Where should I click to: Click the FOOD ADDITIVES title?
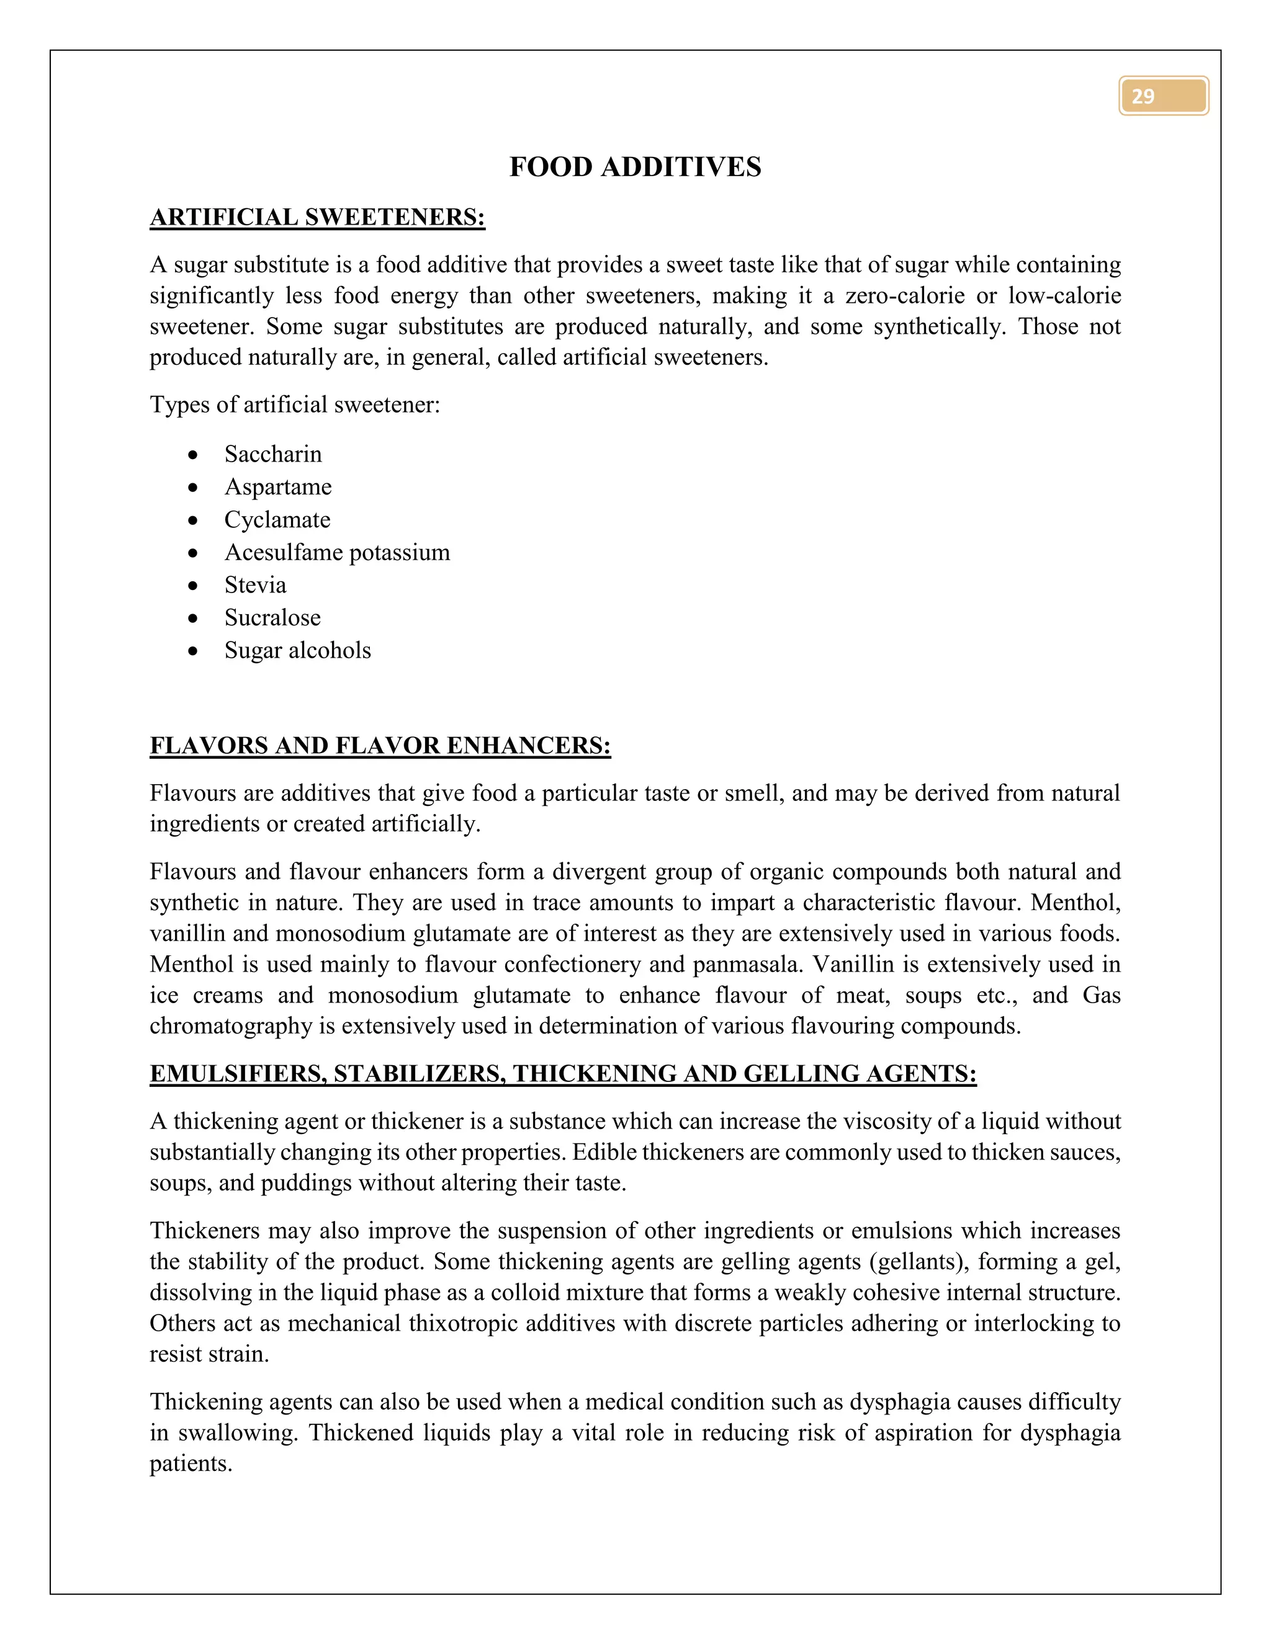tap(635, 167)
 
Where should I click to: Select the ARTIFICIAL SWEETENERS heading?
tap(317, 218)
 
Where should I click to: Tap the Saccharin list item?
tap(272, 454)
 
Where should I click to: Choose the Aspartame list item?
tap(278, 487)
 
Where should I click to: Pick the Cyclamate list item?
tap(277, 519)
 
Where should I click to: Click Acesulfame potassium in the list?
tap(336, 553)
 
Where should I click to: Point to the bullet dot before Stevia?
tap(194, 586)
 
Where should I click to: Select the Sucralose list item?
tap(272, 618)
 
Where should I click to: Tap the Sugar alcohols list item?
tap(297, 650)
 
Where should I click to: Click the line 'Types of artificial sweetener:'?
tap(294, 405)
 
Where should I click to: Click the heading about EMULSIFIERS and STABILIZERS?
tap(562, 1073)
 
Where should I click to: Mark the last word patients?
tap(191, 1463)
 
